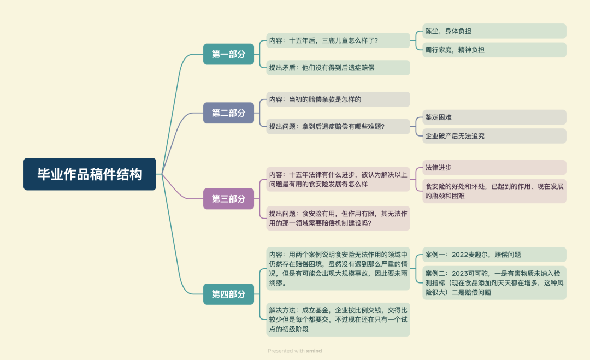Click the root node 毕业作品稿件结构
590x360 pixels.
pyautogui.click(x=90, y=174)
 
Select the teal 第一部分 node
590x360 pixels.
pyautogui.click(x=228, y=54)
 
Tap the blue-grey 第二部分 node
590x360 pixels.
pyautogui.click(x=228, y=113)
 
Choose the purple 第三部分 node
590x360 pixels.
pyautogui.click(x=228, y=199)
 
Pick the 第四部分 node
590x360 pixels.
pyautogui.click(x=228, y=294)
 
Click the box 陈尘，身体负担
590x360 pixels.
pyautogui.click(x=494, y=31)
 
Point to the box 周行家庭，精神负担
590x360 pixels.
pyautogui.click(x=494, y=50)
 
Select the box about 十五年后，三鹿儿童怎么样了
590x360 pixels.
pyautogui.click(x=338, y=40)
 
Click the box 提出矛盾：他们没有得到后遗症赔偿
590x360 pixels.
pyautogui.click(x=338, y=68)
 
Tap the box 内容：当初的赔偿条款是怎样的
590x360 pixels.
pyautogui.click(x=338, y=99)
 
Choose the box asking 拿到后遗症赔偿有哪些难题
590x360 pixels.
pyautogui.click(x=338, y=127)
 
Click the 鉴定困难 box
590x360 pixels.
pyautogui.click(x=494, y=117)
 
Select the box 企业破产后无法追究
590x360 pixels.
pyautogui.click(x=494, y=136)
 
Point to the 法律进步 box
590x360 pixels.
pyautogui.click(x=494, y=167)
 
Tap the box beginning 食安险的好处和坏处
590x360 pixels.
pyautogui.click(x=494, y=191)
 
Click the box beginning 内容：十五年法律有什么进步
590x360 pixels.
pyautogui.click(x=338, y=179)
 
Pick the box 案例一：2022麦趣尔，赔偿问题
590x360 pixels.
pyautogui.click(x=494, y=255)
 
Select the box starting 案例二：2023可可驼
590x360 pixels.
pyautogui.click(x=494, y=282)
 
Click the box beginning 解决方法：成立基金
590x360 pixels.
pyautogui.click(x=338, y=319)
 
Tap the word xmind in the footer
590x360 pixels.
pyautogui.click(x=314, y=351)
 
